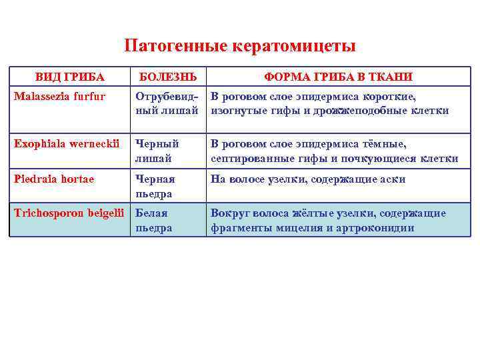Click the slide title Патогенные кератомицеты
tap(240, 46)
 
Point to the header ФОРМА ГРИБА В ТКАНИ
tap(339, 77)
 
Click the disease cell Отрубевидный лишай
tap(166, 103)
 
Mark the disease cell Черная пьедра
tap(155, 187)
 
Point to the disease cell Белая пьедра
tap(154, 221)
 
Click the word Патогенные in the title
tap(175, 46)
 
